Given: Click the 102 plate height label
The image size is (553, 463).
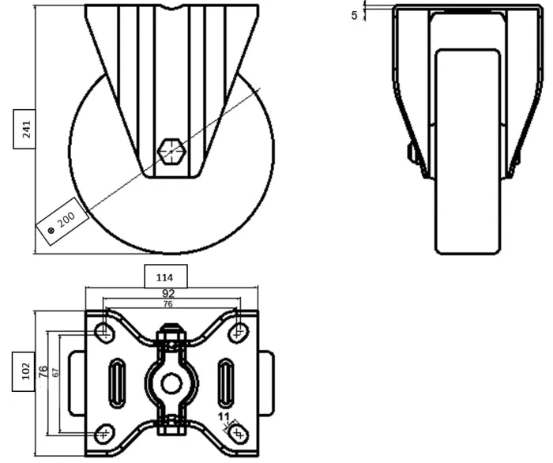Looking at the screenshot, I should (x=25, y=370).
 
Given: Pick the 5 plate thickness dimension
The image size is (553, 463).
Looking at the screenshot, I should (x=355, y=14).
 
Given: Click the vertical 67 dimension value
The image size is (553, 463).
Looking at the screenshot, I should (x=55, y=372).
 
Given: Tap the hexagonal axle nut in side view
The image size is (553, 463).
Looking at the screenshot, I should (x=171, y=149).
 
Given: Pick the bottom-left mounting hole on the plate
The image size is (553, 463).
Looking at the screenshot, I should (x=104, y=434).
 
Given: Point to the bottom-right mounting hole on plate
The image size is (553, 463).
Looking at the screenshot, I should (x=238, y=434).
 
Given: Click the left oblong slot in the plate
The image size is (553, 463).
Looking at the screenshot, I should (x=117, y=382).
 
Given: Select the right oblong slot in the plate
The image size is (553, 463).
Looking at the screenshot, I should (x=225, y=382).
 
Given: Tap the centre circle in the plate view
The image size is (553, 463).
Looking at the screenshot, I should (x=171, y=383).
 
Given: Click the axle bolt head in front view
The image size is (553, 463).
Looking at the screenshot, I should (x=412, y=153).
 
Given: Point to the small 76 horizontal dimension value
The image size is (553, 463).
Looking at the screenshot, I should (x=167, y=304).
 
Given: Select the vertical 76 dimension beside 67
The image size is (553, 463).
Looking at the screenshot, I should (x=42, y=371).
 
